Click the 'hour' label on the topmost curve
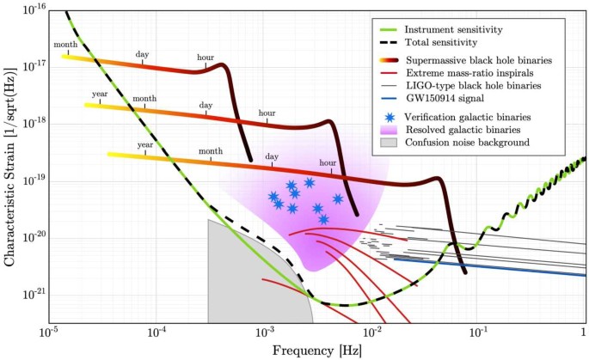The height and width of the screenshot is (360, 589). [x=206, y=58]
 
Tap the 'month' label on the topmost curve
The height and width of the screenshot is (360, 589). [x=65, y=45]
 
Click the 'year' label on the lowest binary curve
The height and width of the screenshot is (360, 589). [x=144, y=144]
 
